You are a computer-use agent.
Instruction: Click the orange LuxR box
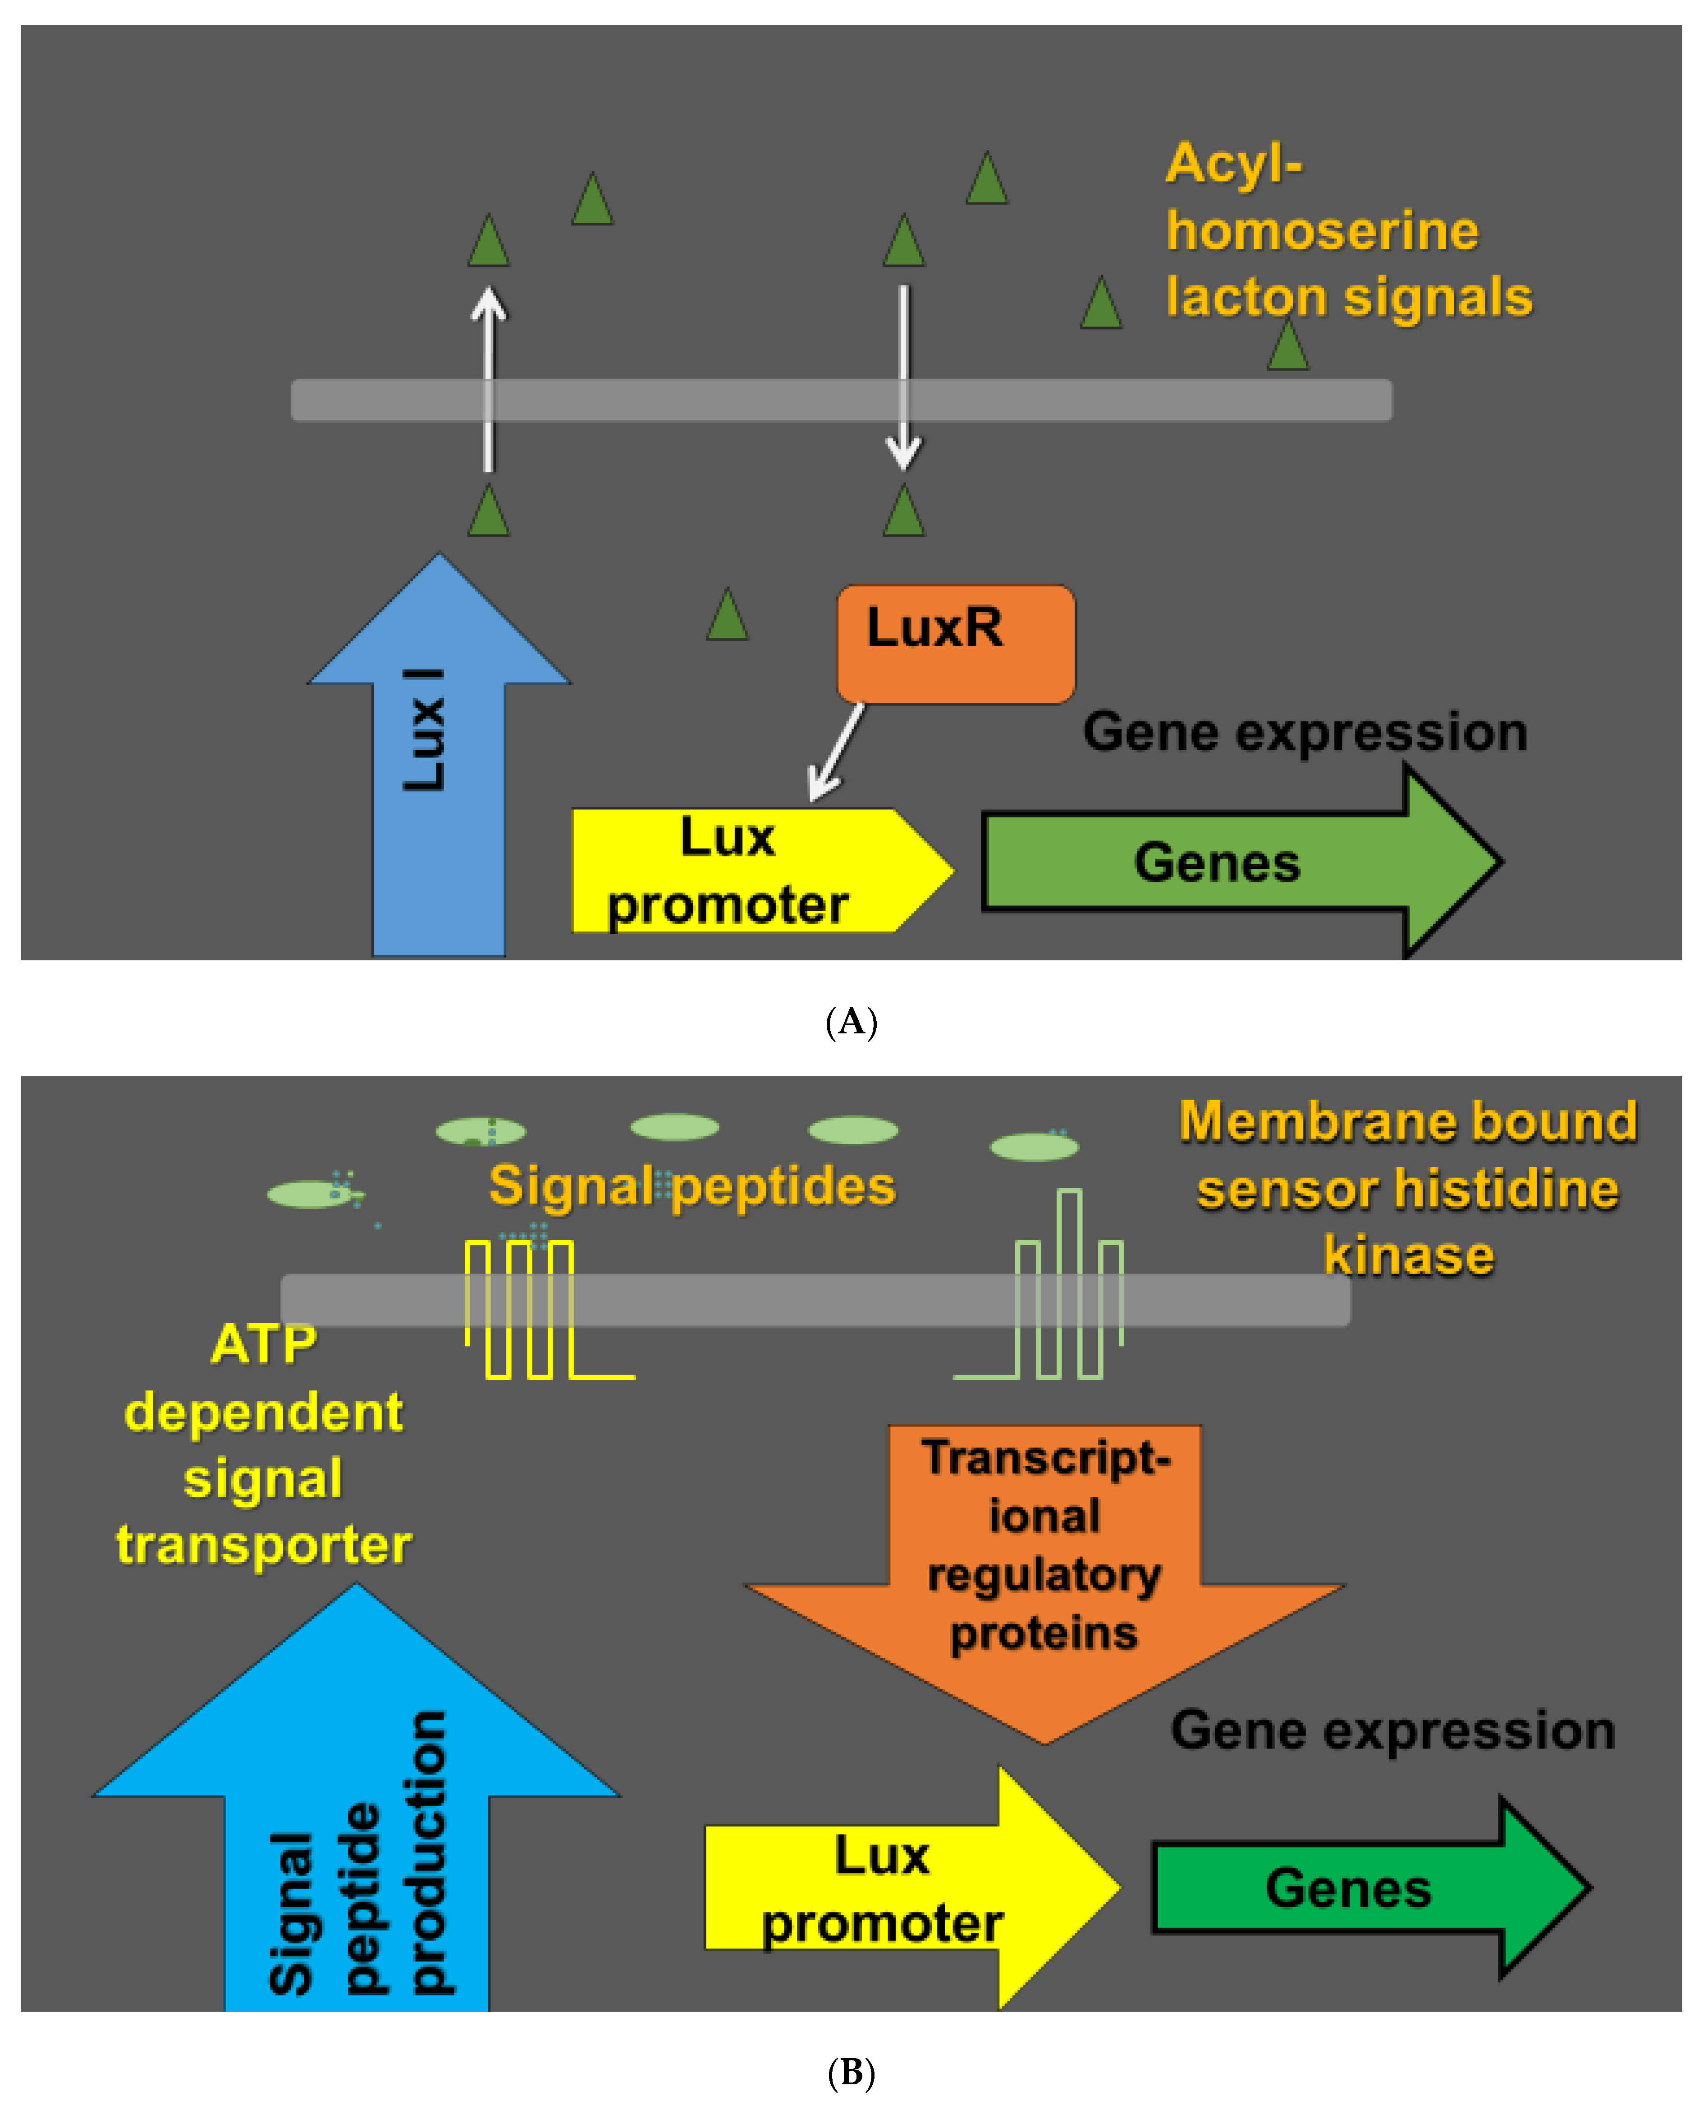tap(954, 645)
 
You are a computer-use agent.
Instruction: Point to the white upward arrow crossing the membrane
tap(488, 379)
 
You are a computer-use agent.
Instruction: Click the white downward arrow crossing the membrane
tap(903, 379)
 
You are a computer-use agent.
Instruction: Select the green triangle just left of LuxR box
tap(727, 615)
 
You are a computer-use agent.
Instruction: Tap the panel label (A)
tap(851, 1023)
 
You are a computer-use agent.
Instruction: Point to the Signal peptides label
tap(691, 1186)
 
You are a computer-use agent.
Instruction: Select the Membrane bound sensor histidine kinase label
tap(1407, 1189)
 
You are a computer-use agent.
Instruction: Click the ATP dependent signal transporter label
tap(264, 1445)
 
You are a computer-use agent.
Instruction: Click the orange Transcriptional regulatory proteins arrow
tap(1045, 1565)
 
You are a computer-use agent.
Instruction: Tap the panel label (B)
tap(851, 2073)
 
